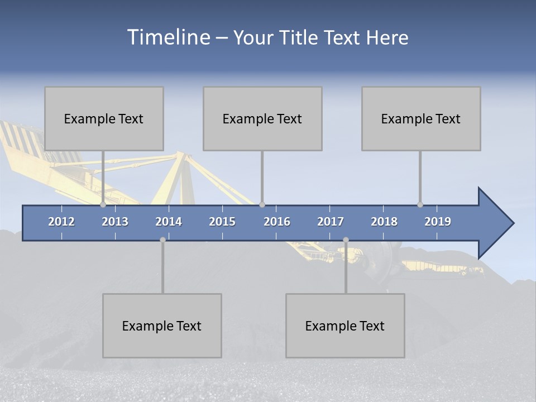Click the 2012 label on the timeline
click(61, 222)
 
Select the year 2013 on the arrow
click(115, 222)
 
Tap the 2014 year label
click(169, 222)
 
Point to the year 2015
click(222, 222)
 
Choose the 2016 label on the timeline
click(277, 222)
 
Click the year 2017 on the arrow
click(331, 222)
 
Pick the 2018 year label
click(384, 222)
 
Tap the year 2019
click(438, 222)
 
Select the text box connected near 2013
click(104, 118)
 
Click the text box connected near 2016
click(262, 118)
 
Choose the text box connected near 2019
click(421, 118)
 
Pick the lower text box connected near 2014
click(162, 326)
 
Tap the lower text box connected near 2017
click(345, 326)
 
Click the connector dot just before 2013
click(103, 204)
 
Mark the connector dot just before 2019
click(420, 204)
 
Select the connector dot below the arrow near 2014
click(162, 240)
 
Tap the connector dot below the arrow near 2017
click(346, 240)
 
